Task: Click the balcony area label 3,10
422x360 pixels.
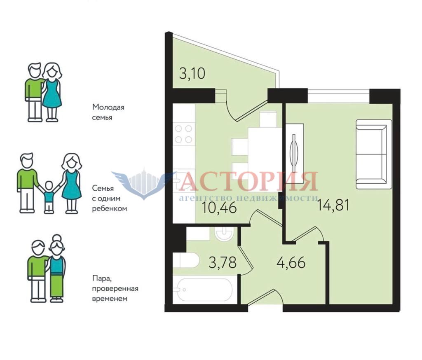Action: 192,73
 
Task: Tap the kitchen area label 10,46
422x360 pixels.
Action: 220,208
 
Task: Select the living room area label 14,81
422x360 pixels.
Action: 333,205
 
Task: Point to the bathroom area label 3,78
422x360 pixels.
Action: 223,262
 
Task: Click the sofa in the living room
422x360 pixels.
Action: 373,154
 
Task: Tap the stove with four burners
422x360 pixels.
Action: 183,134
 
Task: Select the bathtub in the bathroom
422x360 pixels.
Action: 203,290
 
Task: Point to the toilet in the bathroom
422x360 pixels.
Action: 186,260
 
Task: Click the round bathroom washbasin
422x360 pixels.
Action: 224,233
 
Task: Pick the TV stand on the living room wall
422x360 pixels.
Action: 295,153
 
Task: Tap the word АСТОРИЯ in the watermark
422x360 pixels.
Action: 248,181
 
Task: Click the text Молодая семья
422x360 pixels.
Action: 108,112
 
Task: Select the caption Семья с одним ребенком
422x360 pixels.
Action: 109,198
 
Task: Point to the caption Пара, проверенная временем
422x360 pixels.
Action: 115,288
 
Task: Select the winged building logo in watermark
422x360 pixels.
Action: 141,184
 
